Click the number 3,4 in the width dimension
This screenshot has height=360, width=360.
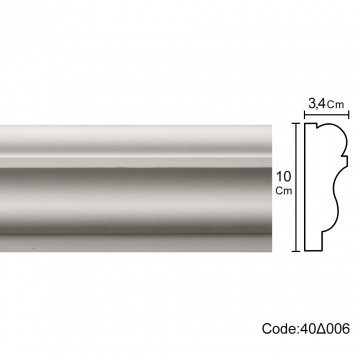coord(316,104)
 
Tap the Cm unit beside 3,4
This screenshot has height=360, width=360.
coord(335,105)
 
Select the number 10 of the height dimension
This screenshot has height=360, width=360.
coord(284,176)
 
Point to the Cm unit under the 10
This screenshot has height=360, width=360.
coord(284,191)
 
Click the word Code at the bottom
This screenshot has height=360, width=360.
coord(278,329)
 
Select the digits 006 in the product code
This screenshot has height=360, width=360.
coord(337,329)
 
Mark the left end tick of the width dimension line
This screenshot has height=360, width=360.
coord(305,115)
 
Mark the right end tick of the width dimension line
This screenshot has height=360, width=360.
coord(348,115)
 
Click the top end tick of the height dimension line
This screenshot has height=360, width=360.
coord(296,123)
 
